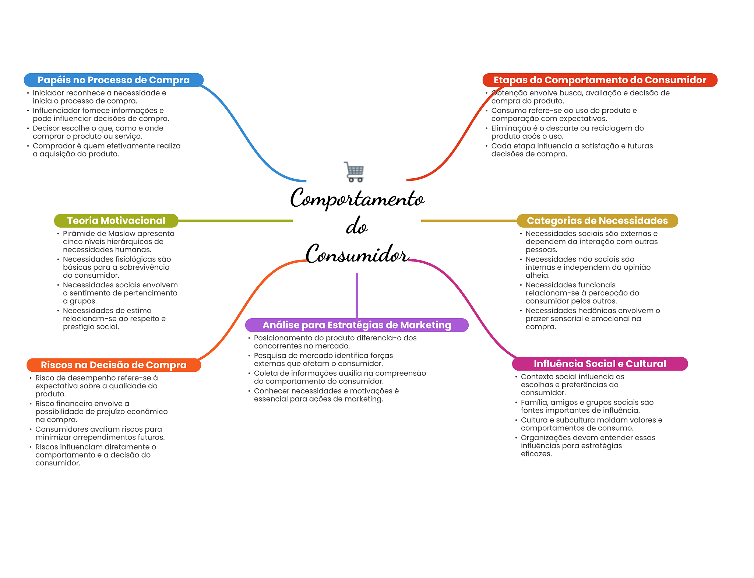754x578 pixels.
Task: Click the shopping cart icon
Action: click(x=354, y=172)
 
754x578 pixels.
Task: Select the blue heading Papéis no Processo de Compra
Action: click(x=113, y=80)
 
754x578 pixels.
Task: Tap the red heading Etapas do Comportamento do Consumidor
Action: click(x=599, y=80)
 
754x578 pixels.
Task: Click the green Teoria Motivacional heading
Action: click(x=116, y=221)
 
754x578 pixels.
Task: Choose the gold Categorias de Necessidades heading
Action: click(x=597, y=221)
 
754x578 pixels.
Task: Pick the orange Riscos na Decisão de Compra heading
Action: click(x=113, y=365)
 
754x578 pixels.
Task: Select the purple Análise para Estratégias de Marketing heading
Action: click(x=356, y=325)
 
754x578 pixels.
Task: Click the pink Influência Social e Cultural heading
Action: click(x=599, y=364)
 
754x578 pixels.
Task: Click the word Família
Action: click(x=533, y=402)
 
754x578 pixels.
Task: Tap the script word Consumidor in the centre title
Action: click(x=356, y=254)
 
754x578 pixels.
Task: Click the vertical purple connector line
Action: click(x=357, y=295)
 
